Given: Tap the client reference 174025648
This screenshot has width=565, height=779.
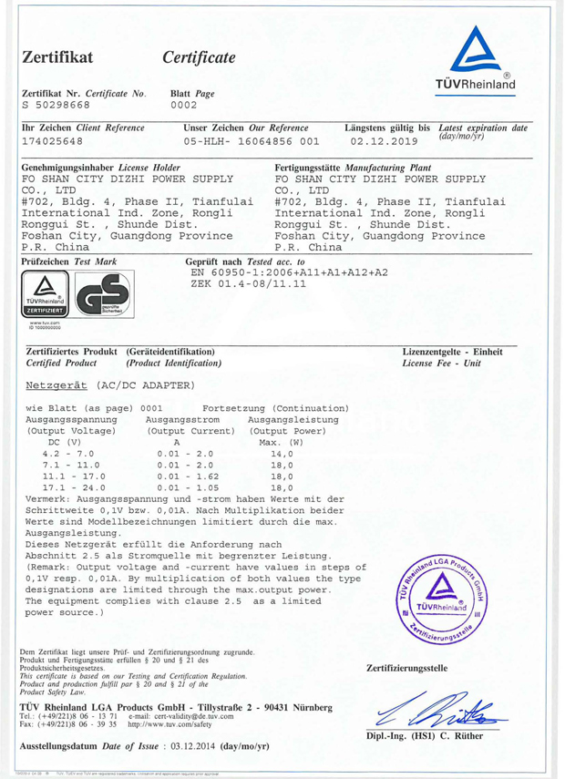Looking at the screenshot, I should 52,142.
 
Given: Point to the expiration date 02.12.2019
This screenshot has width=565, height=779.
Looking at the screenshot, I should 383,142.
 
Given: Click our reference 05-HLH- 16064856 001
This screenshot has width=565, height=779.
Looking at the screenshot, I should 252,142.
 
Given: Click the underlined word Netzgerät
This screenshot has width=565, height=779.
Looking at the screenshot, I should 58,384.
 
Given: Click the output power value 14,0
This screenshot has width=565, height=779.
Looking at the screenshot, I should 282,453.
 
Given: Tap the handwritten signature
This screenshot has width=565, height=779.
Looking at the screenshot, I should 436,705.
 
